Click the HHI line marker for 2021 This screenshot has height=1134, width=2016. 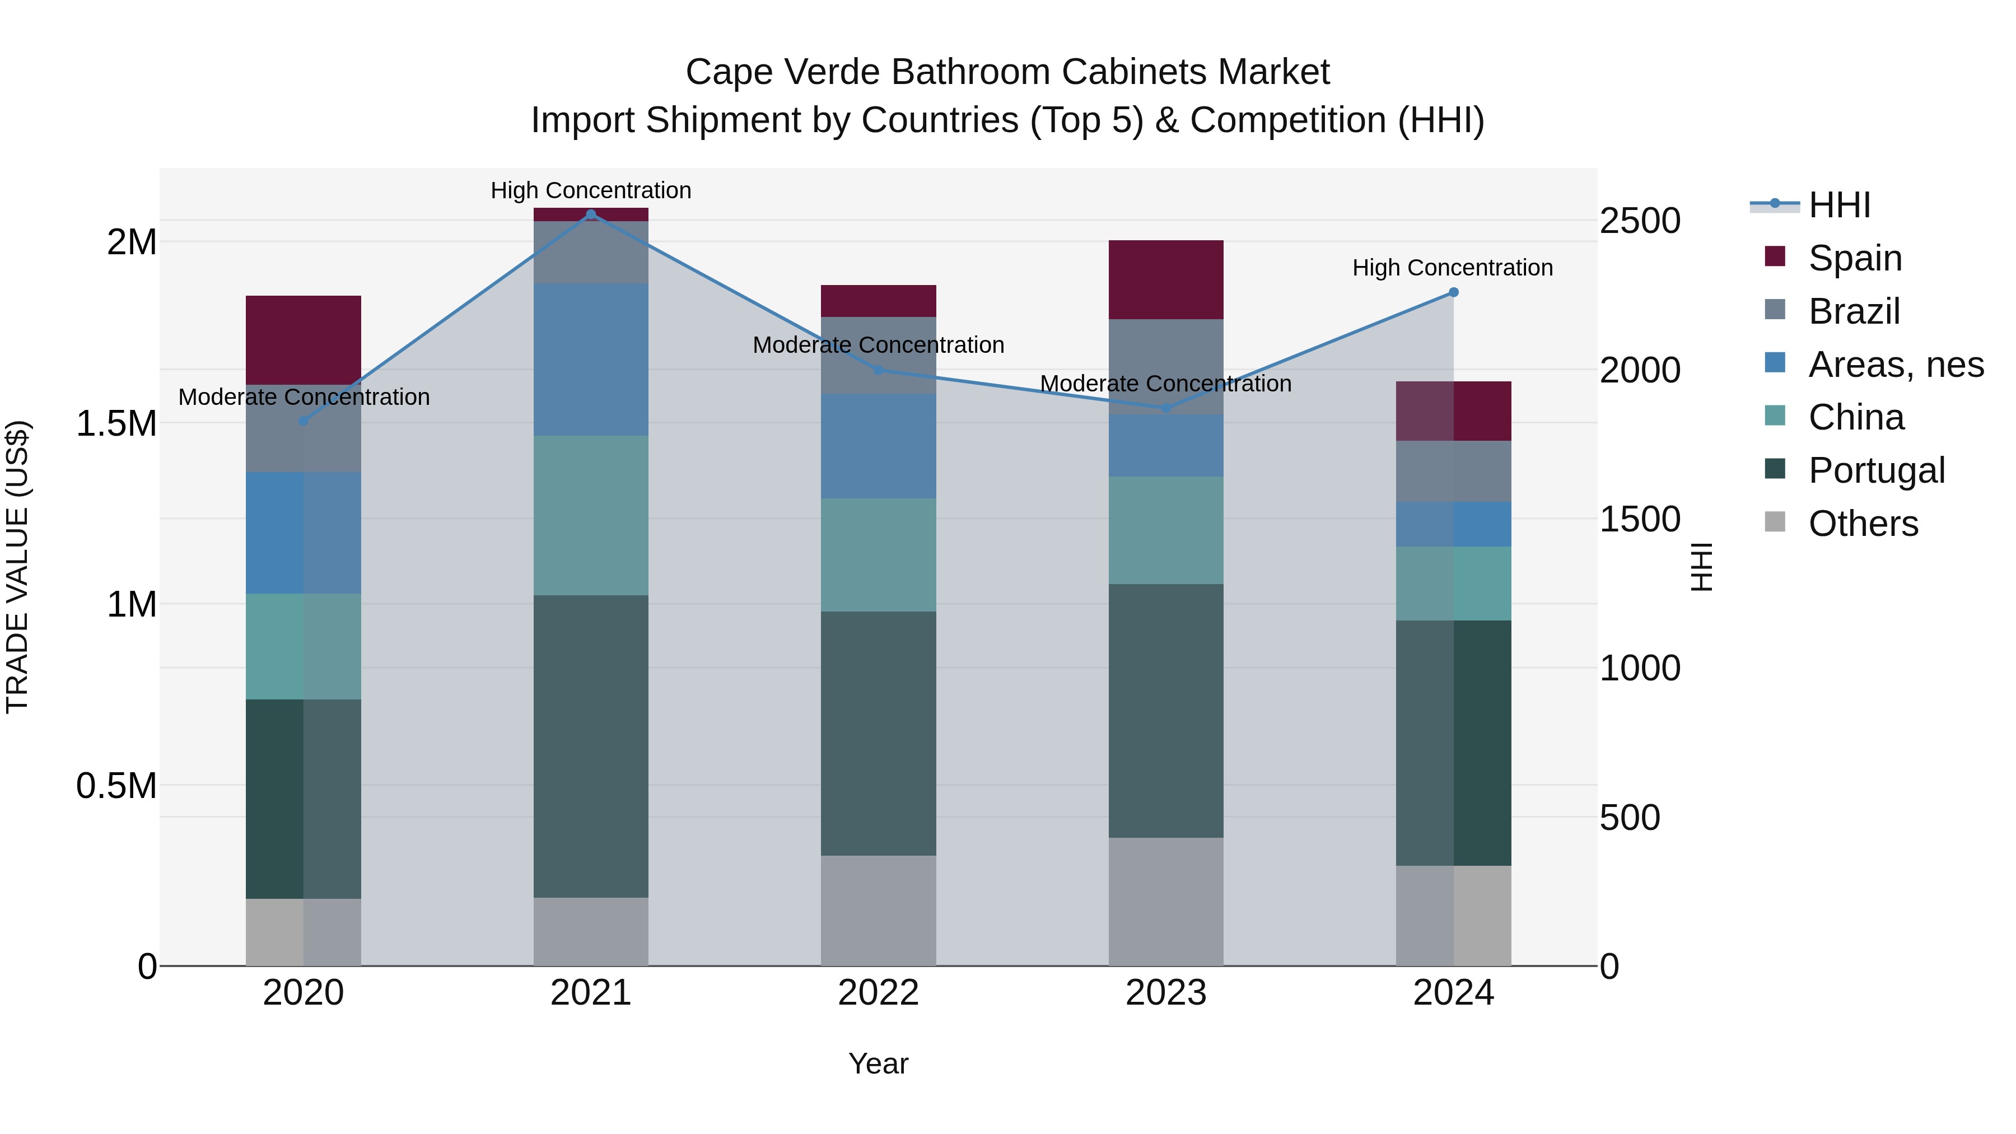[x=591, y=214]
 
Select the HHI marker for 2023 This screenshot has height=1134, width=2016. [x=1166, y=408]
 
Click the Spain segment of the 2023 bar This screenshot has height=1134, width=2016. [x=1166, y=279]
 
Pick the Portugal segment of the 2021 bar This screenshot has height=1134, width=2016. [x=591, y=746]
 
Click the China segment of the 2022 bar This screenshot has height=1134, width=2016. [x=878, y=555]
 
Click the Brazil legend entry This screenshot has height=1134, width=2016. [x=1852, y=311]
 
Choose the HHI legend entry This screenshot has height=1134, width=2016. [x=1838, y=205]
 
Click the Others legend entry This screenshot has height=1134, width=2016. [x=1862, y=524]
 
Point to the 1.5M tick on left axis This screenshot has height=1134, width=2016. [x=116, y=423]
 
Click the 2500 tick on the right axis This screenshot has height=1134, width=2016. [x=1640, y=221]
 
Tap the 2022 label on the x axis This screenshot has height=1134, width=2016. [x=878, y=993]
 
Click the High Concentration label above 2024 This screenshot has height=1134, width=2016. [x=1453, y=268]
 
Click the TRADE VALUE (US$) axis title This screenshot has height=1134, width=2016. [x=17, y=567]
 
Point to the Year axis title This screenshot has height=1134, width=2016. [x=878, y=1063]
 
